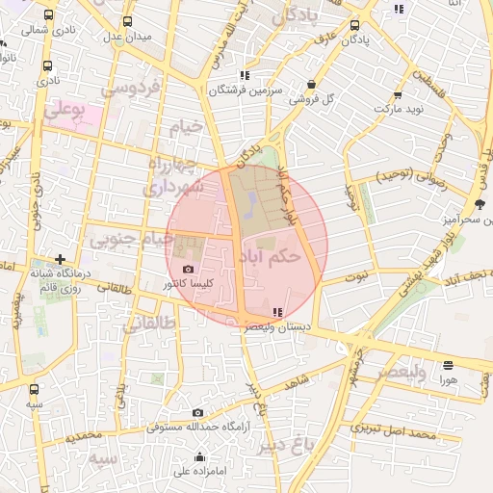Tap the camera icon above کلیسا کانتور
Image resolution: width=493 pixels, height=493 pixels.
[x=187, y=269]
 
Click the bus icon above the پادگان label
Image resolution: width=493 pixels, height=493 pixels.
[x=355, y=26]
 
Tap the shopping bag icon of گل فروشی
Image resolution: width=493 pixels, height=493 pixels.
[x=311, y=84]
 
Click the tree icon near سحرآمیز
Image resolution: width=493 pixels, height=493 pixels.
[x=480, y=203]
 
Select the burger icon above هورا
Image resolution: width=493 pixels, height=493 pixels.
[x=448, y=365]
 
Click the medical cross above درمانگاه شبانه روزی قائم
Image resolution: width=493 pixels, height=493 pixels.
[x=61, y=259]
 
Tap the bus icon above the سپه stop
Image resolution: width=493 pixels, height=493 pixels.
[x=35, y=390]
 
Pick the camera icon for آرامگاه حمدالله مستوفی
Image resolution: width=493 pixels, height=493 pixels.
[x=198, y=412]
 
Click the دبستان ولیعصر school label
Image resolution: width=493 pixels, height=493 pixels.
[x=280, y=327]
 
